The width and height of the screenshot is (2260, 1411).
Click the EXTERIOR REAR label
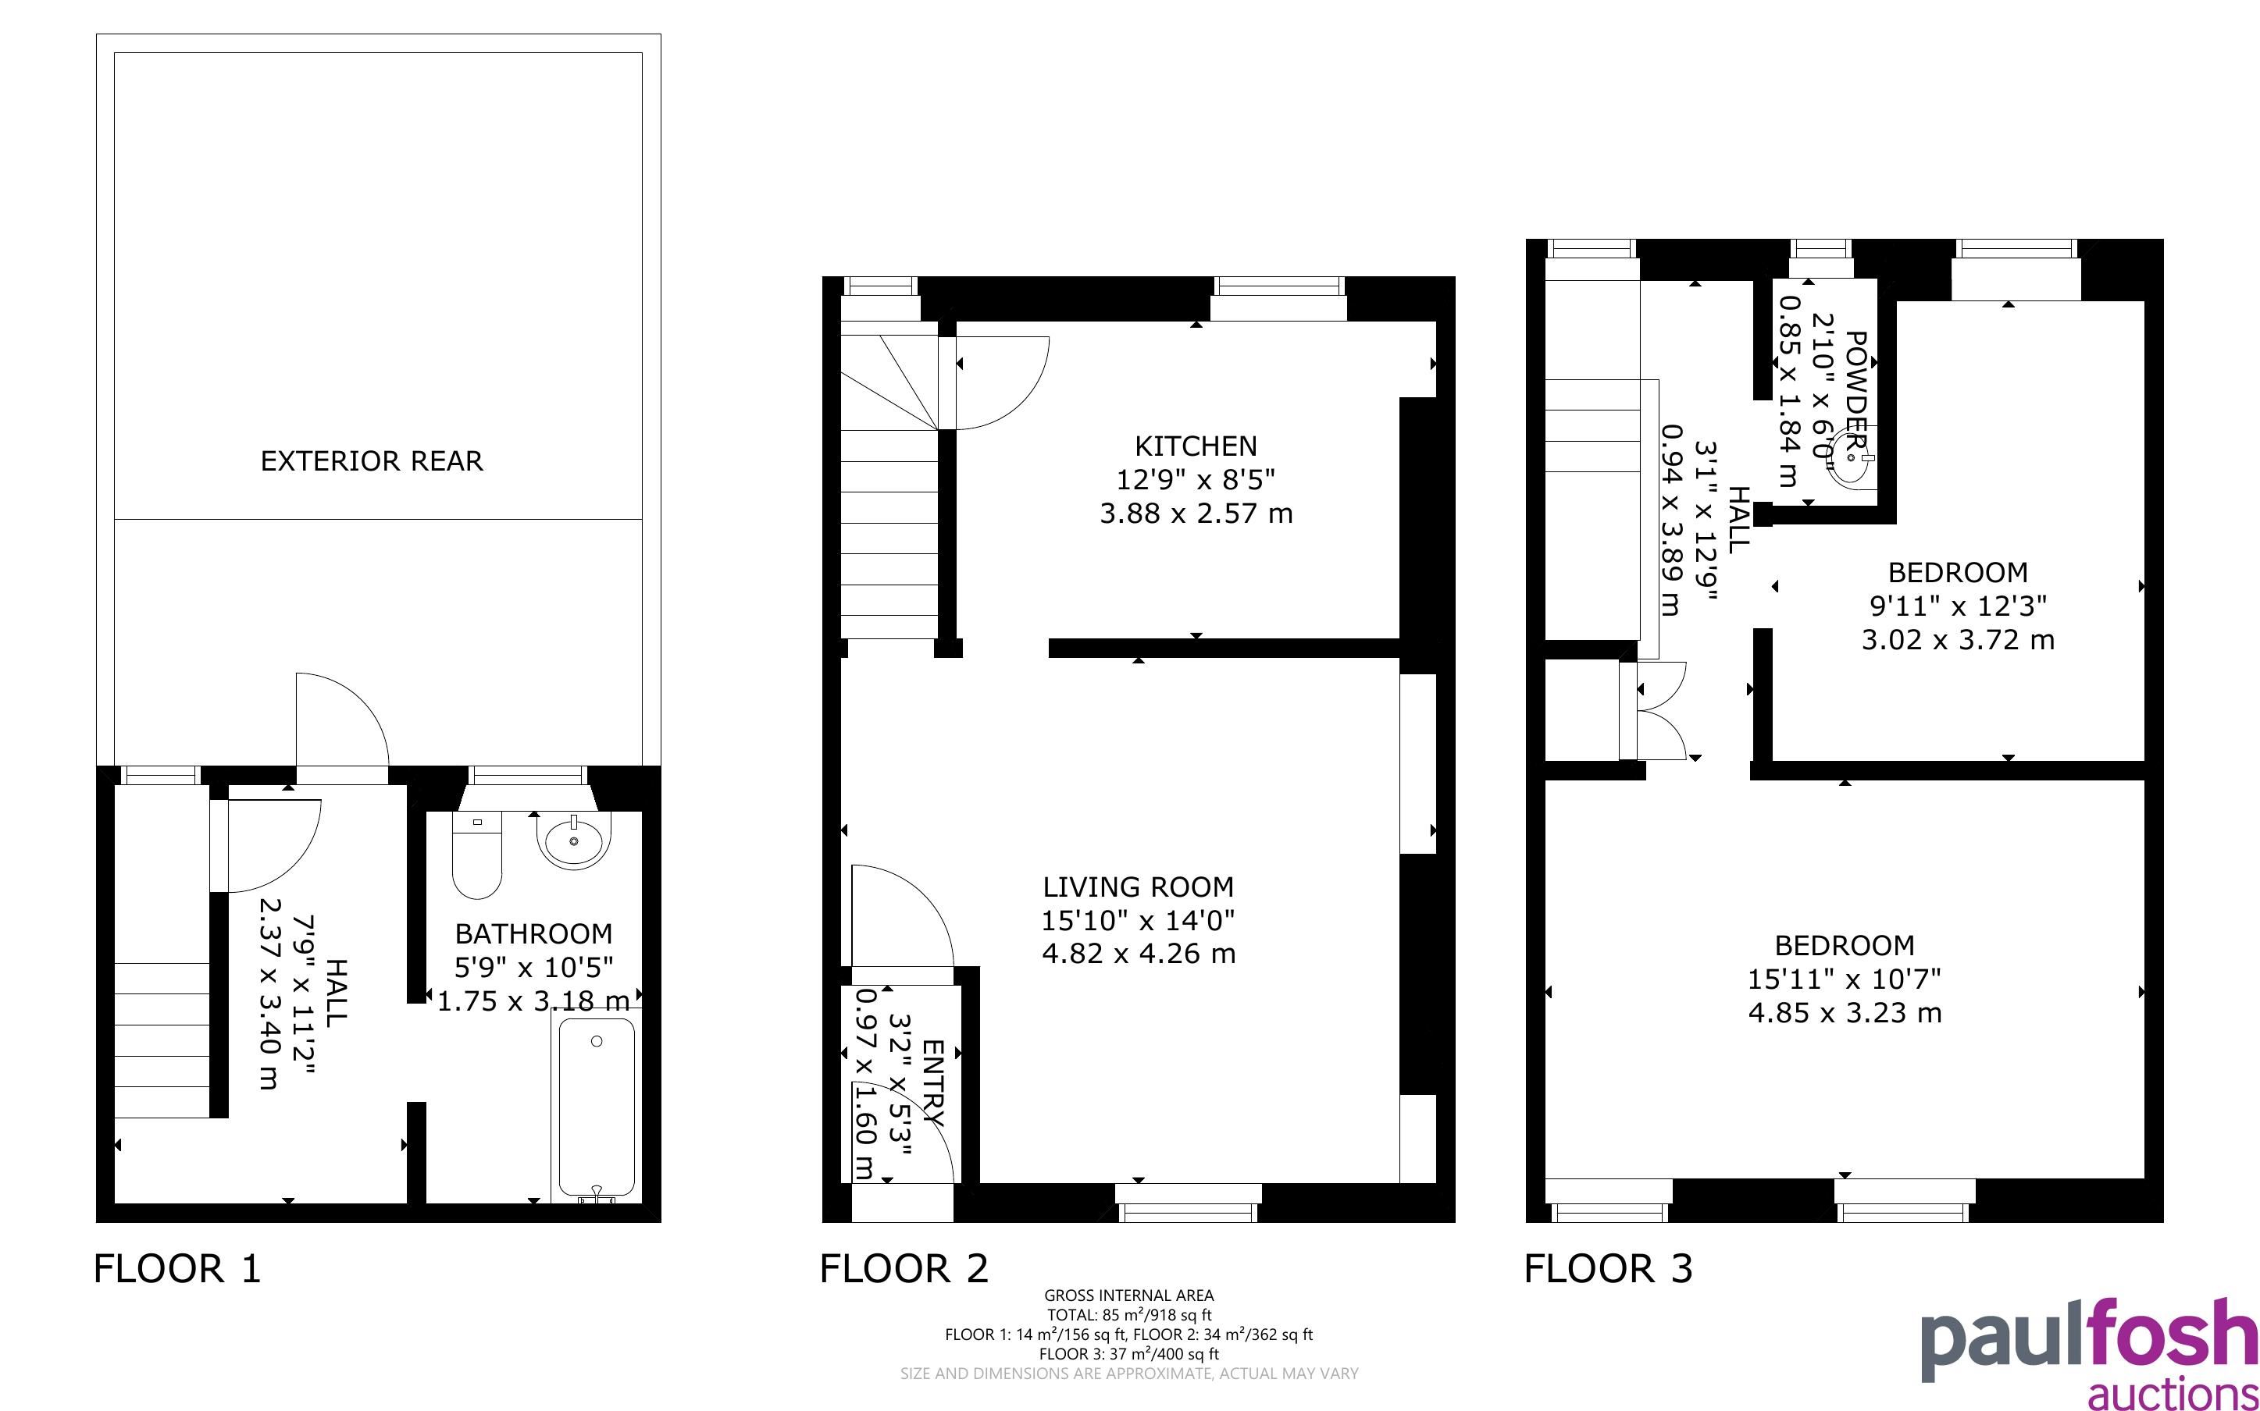[372, 461]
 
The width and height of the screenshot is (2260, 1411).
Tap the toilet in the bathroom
[476, 854]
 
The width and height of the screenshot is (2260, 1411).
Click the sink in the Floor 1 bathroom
[573, 840]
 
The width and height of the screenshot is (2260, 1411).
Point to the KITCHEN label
[1196, 446]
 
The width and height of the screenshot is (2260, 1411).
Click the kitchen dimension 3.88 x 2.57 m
[1196, 514]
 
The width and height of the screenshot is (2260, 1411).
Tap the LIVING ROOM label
[1138, 887]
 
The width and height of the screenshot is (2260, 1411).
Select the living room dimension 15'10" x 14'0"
[1138, 921]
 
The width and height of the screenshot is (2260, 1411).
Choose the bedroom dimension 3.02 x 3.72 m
[1958, 640]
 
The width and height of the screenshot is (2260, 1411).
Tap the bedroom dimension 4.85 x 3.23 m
[1845, 1012]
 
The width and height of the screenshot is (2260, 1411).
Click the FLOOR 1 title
[177, 1268]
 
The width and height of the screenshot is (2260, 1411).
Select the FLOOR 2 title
[904, 1268]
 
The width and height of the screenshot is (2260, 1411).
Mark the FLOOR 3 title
[1609, 1268]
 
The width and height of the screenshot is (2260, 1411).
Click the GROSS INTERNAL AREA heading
[1128, 1295]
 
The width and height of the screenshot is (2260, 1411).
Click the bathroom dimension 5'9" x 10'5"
[533, 968]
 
